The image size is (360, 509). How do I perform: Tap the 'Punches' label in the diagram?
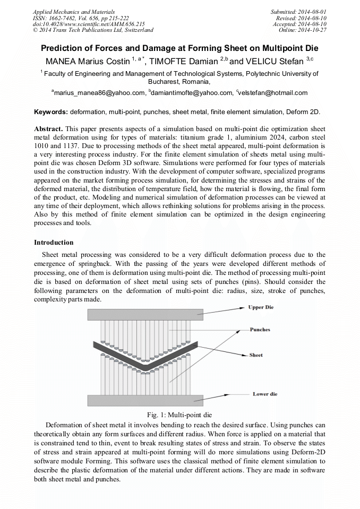tap(260, 330)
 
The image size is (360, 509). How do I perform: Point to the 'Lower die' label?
tap(265, 394)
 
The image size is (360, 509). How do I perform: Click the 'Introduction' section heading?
tap(54, 243)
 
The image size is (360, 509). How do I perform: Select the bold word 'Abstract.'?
tap(49, 129)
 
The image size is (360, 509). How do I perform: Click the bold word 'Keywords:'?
tap(51, 113)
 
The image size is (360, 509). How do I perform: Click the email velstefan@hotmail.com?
tap(273, 93)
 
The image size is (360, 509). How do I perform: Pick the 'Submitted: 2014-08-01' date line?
tap(299, 12)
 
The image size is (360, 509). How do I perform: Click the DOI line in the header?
tap(89, 24)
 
